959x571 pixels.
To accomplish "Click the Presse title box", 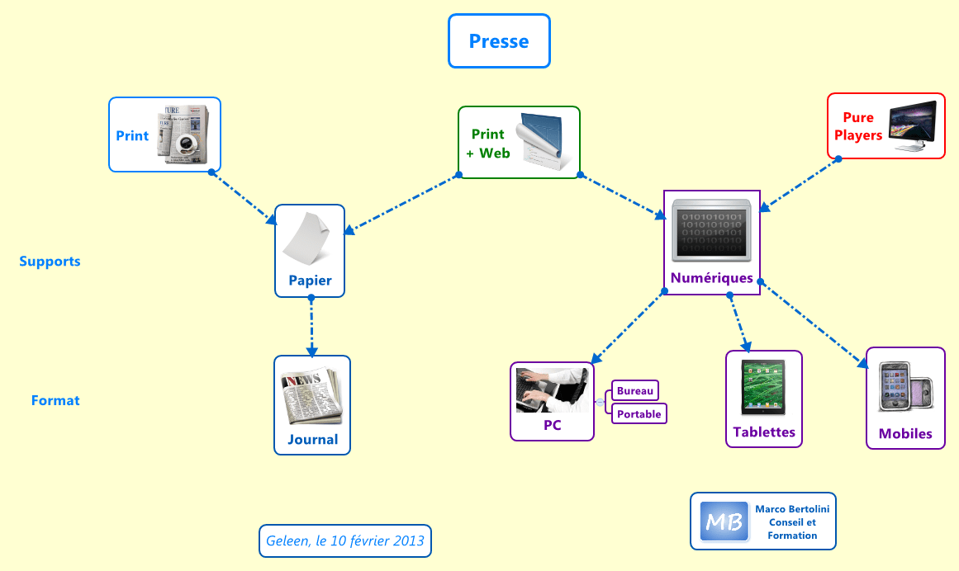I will coord(499,41).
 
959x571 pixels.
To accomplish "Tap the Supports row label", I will coord(50,262).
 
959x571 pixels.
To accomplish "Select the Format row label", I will coord(55,401).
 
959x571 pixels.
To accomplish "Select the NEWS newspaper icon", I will coord(311,395).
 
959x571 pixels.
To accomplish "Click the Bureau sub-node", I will coord(635,391).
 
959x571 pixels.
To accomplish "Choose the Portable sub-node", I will coord(639,414).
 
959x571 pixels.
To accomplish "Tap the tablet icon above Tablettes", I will coord(763,387).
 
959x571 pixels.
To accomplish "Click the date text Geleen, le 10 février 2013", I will coord(345,541).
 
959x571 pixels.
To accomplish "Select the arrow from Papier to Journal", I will coord(311,327).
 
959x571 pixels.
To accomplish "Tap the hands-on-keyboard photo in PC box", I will coord(551,389).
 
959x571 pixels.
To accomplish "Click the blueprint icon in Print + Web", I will coord(543,142).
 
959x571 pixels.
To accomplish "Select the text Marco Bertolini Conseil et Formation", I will coord(791,522).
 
